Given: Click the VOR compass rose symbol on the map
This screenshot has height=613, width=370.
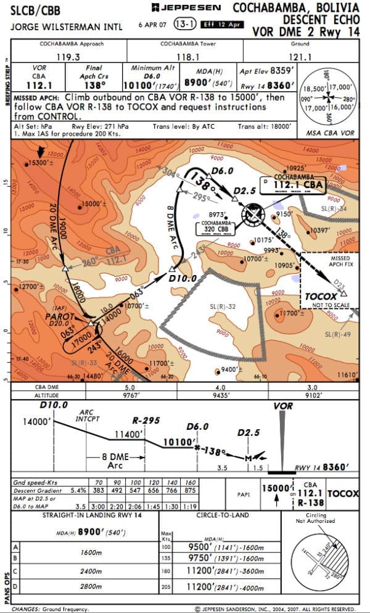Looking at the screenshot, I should (253, 215).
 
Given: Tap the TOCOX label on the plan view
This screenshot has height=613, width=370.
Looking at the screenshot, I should (321, 296).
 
